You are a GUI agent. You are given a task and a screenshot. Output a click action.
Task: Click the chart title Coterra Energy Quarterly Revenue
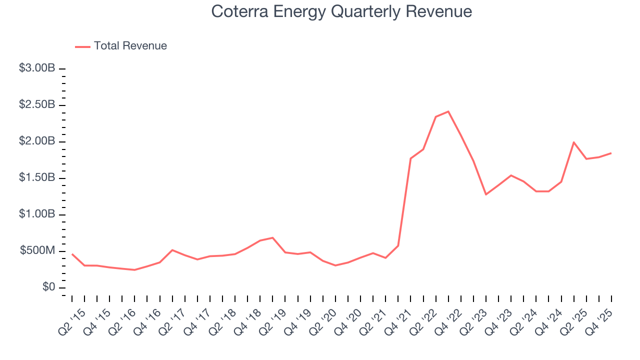(x=341, y=11)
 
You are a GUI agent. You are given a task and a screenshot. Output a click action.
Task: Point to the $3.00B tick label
(x=37, y=68)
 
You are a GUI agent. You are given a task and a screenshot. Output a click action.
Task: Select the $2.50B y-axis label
(x=37, y=105)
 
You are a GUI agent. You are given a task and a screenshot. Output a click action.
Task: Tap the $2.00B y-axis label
(x=37, y=141)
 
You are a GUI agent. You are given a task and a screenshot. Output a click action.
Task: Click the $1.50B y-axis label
(x=37, y=178)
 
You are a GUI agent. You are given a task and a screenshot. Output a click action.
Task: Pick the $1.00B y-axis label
(x=37, y=214)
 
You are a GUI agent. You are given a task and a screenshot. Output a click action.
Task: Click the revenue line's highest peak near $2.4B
(x=448, y=111)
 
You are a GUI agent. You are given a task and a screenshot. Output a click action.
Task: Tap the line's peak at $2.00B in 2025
(x=574, y=142)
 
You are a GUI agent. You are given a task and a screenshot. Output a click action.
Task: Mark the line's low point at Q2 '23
(x=486, y=194)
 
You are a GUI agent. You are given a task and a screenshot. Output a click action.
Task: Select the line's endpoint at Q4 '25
(x=611, y=153)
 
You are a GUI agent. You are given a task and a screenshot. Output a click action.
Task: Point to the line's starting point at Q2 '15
(x=72, y=254)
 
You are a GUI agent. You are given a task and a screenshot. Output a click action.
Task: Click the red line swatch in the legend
(x=82, y=46)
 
